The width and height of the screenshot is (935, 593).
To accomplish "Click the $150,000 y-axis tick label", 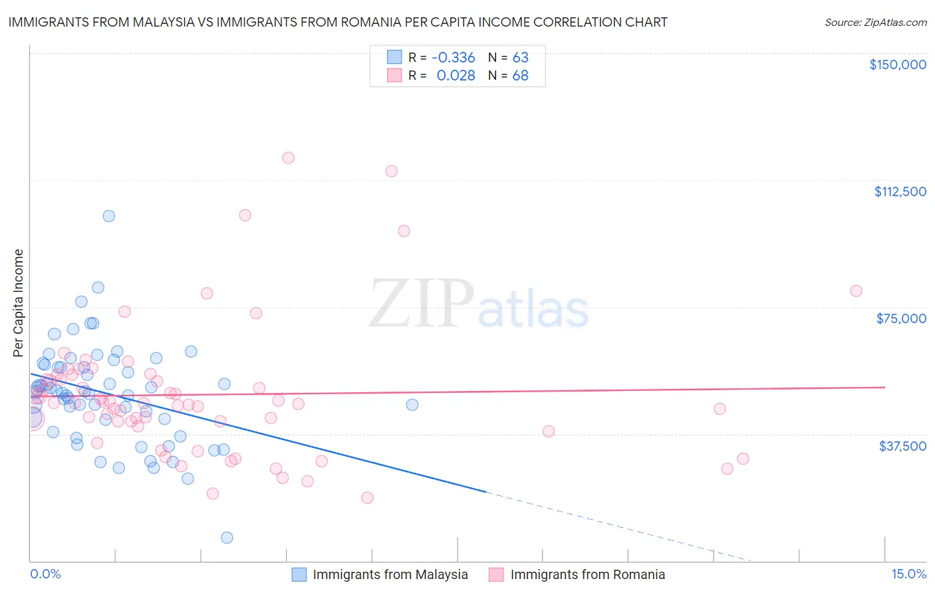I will coord(897,64).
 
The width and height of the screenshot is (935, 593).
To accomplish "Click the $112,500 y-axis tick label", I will coord(900,191).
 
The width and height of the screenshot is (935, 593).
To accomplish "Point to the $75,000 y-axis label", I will coord(901,318).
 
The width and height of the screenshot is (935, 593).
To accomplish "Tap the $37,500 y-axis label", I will coord(902,446).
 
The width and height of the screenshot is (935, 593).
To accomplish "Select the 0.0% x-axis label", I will coord(45,574).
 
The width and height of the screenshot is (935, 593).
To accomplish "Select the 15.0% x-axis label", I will coord(908,574).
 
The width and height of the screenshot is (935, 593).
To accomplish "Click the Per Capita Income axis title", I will coord(19,302).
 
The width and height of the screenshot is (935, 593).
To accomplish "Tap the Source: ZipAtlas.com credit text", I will coord(875,22).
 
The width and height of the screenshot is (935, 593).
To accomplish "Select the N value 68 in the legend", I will coord(520,76).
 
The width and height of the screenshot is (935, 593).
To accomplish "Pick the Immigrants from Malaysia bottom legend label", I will coord(390,574).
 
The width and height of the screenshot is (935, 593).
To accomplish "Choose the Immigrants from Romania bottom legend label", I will coord(587,574).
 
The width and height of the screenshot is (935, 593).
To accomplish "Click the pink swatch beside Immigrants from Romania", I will coord(496,574).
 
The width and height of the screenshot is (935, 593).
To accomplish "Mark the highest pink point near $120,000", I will coord(288,158).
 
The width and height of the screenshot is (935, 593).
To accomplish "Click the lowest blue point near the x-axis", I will coord(227,537).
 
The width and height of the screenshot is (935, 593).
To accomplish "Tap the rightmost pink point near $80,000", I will coord(856,291).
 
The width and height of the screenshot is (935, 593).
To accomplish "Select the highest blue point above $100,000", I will coord(108,216).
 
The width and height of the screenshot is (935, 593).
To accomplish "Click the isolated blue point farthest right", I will coord(412,404).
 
